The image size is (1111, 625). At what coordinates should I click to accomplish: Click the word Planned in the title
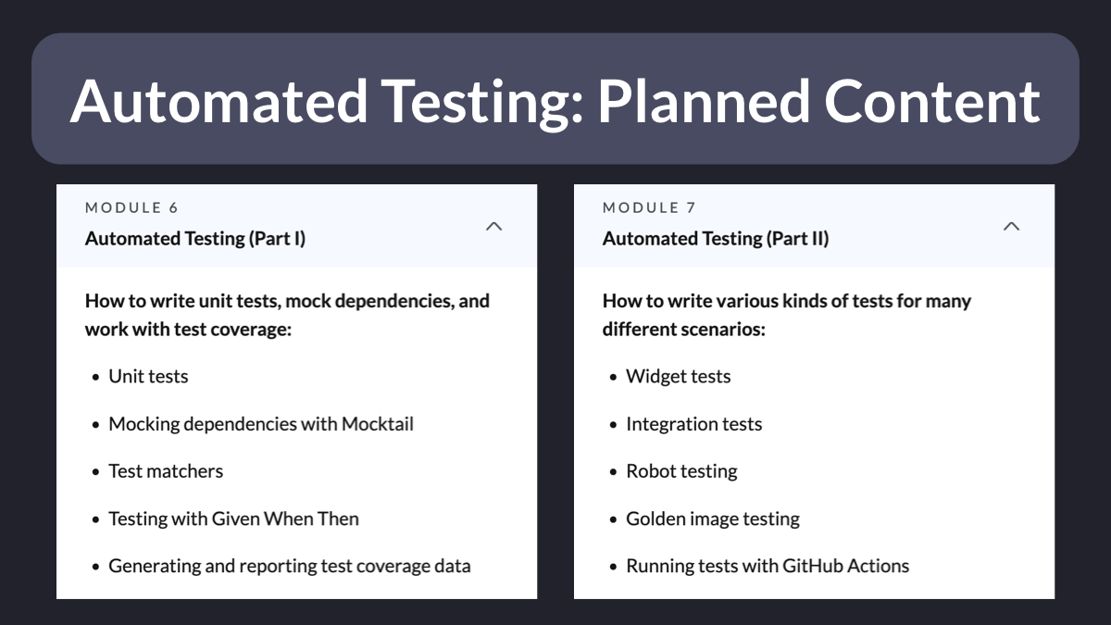coord(704,102)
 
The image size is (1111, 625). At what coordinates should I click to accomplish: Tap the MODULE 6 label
coord(131,207)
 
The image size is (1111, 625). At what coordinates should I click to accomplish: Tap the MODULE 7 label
coord(649,207)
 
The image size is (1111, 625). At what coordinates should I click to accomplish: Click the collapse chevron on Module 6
coord(494,227)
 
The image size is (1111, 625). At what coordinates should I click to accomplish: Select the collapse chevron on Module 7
coord(1011,227)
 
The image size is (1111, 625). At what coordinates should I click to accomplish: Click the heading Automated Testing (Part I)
coord(195,239)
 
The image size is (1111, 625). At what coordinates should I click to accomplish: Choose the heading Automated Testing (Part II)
coord(716,239)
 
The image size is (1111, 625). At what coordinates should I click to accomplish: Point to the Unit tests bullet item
coord(148,377)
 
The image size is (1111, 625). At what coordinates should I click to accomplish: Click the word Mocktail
coord(378,424)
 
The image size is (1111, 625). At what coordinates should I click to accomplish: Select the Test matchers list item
coord(166,471)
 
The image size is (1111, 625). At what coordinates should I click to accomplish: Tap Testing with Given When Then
coord(233,519)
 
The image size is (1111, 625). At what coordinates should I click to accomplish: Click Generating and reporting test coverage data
coord(290,566)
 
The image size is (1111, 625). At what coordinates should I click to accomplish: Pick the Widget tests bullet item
coord(678,377)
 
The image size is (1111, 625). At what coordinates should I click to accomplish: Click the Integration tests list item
coord(693,424)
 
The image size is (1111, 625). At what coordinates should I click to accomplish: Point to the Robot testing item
coord(681,471)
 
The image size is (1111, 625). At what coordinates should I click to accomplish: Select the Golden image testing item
coord(713,519)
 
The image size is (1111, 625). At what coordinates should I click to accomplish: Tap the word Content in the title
coord(932,102)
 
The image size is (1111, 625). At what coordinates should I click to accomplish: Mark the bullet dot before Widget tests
coord(614,378)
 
